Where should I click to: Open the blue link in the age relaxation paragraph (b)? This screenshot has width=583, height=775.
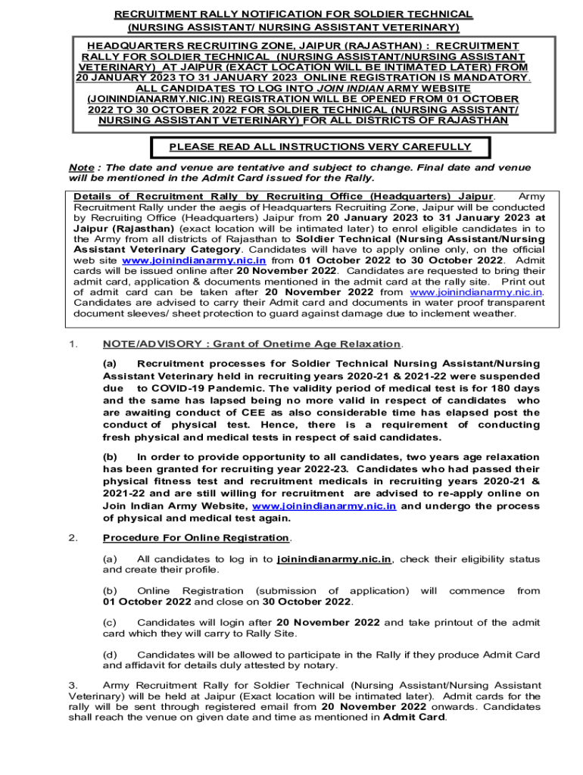[323, 506]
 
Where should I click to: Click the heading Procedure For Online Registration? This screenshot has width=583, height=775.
[196, 537]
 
